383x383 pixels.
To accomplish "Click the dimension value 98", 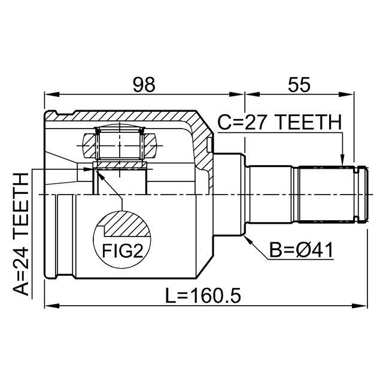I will tap(144, 85).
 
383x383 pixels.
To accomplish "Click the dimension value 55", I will tap(297, 85).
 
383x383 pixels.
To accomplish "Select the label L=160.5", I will tap(203, 295).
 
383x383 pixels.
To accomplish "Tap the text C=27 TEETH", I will tap(278, 123).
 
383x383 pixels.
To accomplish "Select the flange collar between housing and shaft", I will tap(231, 194).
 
